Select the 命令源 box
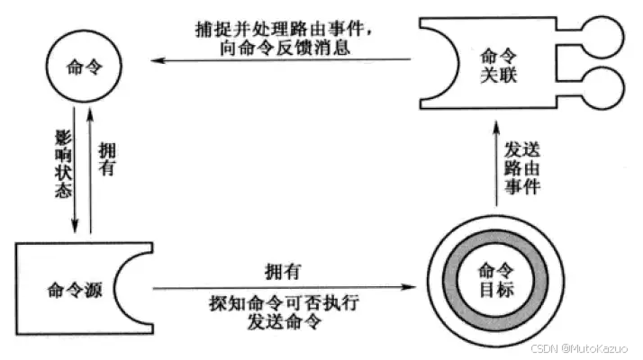tap(72, 289)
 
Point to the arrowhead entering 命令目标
tap(413, 288)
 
